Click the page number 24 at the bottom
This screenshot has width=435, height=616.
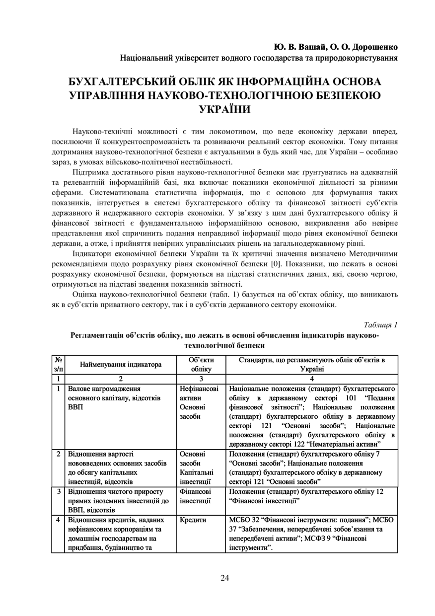click(225, 577)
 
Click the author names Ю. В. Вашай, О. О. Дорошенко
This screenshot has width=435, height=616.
click(336, 47)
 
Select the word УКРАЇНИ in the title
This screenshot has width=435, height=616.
click(224, 108)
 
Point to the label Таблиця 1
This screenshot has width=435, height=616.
click(380, 325)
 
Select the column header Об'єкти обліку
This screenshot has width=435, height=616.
click(202, 365)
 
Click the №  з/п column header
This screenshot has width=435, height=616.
click(58, 365)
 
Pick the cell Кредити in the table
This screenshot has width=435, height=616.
click(193, 520)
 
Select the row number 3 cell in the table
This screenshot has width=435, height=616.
click(58, 491)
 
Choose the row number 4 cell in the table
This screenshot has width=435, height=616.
click(58, 520)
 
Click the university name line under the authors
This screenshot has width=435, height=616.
click(259, 58)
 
